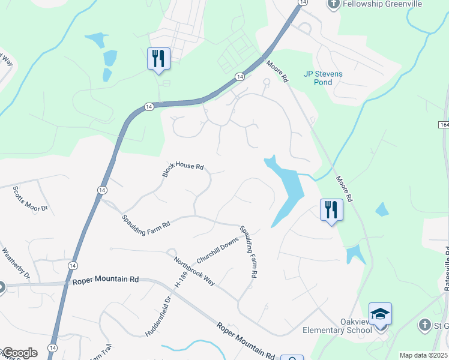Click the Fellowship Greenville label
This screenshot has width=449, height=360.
(x=383, y=4)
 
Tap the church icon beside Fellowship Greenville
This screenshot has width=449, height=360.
(x=334, y=4)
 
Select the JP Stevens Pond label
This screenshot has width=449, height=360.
(x=323, y=78)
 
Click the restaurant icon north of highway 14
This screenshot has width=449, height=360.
(x=159, y=58)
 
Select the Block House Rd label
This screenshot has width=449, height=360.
(x=183, y=170)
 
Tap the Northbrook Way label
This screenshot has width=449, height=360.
(x=194, y=271)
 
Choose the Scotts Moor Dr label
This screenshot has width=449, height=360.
(x=29, y=199)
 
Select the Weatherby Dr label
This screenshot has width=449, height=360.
(x=16, y=264)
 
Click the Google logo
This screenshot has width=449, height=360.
(x=19, y=353)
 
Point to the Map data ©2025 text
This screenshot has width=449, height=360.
(x=423, y=355)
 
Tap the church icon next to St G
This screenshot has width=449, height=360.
(x=424, y=325)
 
